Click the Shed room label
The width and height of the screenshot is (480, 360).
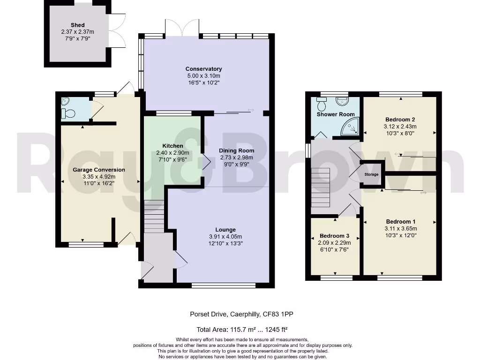(77, 25)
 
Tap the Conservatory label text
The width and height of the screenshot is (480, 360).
(203, 69)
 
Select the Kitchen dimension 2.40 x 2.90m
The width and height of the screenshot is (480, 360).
(172, 152)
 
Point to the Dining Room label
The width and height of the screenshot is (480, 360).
(237, 150)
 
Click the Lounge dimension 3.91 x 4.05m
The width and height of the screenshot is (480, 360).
(225, 236)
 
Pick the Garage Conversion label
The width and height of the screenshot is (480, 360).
(99, 170)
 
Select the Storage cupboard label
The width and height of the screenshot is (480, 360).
(371, 174)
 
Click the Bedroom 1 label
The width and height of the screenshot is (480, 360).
(400, 221)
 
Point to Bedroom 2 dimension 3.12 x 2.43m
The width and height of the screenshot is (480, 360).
(400, 126)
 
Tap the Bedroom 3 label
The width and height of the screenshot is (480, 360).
(334, 236)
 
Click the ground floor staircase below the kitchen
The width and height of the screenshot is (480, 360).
(153, 216)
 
